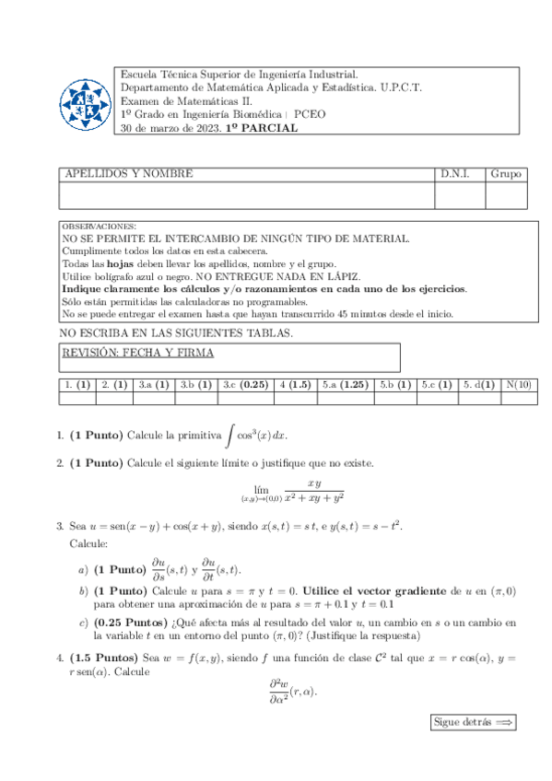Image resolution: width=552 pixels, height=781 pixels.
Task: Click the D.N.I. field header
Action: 454,174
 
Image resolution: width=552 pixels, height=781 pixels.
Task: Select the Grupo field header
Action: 505,174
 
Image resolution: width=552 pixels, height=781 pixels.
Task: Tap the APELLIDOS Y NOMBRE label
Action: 128,174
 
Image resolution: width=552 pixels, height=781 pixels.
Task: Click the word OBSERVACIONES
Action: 99,227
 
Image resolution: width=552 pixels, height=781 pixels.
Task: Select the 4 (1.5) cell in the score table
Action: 295,385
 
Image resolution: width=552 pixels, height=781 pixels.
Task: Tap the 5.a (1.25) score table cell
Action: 346,385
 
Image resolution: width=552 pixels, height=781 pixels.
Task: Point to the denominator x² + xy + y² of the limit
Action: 313,497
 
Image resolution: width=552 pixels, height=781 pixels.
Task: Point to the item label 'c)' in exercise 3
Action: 84,624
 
